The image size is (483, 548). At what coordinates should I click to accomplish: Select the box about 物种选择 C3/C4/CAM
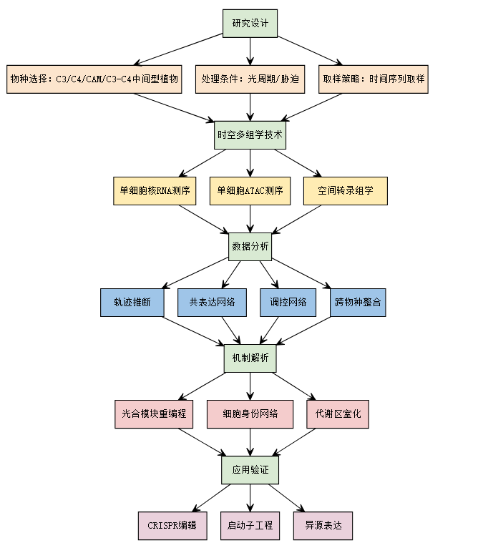pyautogui.click(x=93, y=79)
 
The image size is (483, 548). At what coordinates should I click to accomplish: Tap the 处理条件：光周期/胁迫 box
pyautogui.click(x=250, y=79)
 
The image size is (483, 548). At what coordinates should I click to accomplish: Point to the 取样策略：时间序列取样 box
pyautogui.click(x=374, y=79)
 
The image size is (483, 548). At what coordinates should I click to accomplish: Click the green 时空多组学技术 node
pyautogui.click(x=250, y=134)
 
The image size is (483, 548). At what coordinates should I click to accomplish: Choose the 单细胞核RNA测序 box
pyautogui.click(x=155, y=191)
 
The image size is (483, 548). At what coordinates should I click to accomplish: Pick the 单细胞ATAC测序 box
pyautogui.click(x=250, y=191)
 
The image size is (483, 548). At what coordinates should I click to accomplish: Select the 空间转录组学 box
pyautogui.click(x=345, y=191)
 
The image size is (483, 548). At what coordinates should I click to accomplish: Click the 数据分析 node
pyautogui.click(x=250, y=247)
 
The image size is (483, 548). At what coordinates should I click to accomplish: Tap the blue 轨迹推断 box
pyautogui.click(x=132, y=302)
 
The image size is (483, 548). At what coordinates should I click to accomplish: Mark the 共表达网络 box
pyautogui.click(x=212, y=302)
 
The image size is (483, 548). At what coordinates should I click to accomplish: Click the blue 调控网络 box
pyautogui.click(x=288, y=302)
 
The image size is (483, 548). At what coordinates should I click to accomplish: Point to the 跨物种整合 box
pyautogui.click(x=358, y=302)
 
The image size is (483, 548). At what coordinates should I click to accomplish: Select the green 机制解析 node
pyautogui.click(x=250, y=358)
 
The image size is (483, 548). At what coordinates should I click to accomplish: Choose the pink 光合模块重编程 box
pyautogui.click(x=154, y=414)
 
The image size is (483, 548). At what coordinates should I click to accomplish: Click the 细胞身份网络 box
pyautogui.click(x=250, y=414)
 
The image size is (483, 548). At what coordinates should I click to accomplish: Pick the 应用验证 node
pyautogui.click(x=250, y=469)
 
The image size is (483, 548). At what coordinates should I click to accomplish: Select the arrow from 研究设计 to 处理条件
pyautogui.click(x=250, y=50)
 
